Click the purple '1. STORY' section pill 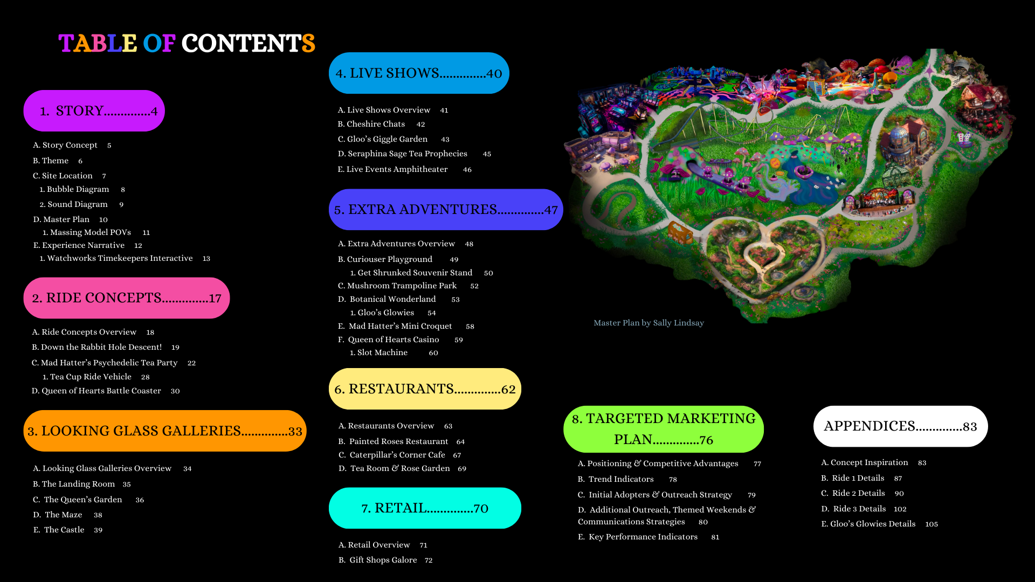[x=94, y=111]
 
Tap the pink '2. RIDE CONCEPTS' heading [x=127, y=298]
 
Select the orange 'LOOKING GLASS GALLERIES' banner [x=165, y=431]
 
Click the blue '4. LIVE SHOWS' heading [x=419, y=73]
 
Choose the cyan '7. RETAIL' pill [x=425, y=508]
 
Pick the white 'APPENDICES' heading [x=900, y=426]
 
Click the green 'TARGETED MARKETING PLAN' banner [x=664, y=429]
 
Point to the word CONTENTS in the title [x=248, y=44]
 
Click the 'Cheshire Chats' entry [x=376, y=124]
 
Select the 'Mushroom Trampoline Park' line [x=402, y=286]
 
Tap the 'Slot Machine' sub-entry [x=382, y=352]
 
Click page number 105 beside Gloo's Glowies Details [x=931, y=524]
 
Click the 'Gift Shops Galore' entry [x=383, y=560]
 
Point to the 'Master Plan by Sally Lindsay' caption [x=648, y=323]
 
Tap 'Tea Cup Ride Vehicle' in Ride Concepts [x=91, y=377]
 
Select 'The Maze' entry [x=63, y=515]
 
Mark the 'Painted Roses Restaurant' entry [x=398, y=441]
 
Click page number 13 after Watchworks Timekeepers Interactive [x=206, y=259]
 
